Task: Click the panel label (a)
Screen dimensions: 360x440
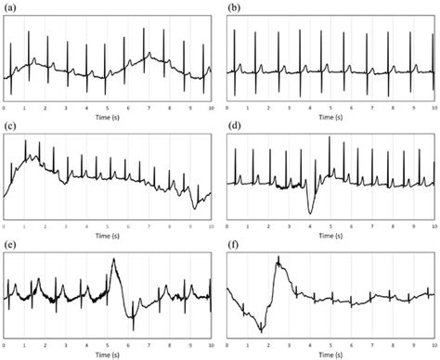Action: [x=11, y=7]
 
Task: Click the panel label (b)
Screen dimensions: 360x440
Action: [x=234, y=7]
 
